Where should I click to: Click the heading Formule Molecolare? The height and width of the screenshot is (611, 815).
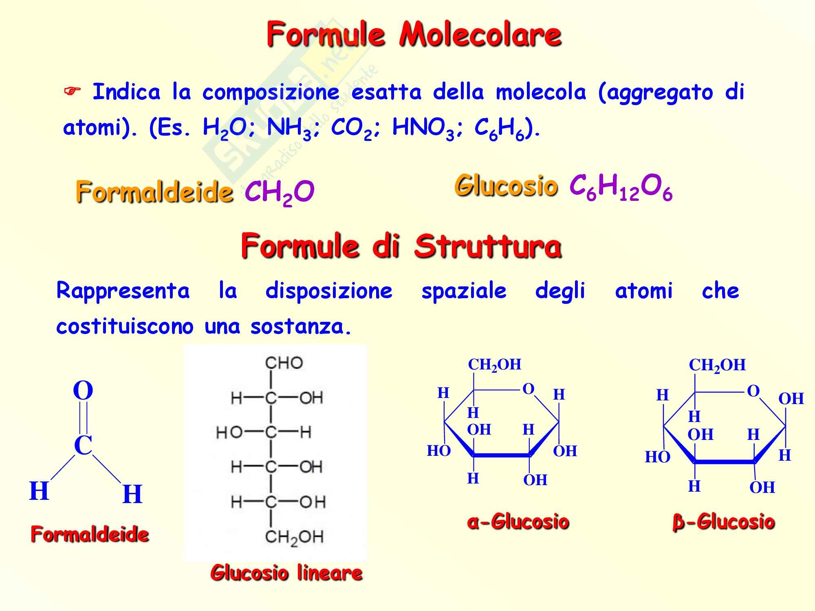414,35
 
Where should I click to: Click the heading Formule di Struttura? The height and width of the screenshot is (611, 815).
401,246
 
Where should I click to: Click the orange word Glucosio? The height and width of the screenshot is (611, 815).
506,186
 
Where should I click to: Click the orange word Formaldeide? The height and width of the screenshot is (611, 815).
154,192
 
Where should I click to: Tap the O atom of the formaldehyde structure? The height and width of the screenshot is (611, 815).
83,390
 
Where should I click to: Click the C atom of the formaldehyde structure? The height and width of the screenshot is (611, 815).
83,445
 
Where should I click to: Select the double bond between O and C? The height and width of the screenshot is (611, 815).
83,418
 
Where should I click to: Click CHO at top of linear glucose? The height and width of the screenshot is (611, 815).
284,363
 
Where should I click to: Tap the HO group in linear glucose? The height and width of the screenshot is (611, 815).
229,432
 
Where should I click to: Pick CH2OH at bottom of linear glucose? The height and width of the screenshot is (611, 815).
294,537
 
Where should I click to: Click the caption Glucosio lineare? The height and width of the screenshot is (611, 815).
286,573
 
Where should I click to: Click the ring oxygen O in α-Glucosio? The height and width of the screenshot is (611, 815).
528,389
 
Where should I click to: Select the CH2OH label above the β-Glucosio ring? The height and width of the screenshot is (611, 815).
717,365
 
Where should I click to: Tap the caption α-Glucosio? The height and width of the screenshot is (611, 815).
518,521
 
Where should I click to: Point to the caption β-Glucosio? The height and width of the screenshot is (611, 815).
723,522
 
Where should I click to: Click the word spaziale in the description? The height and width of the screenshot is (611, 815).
464,291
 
